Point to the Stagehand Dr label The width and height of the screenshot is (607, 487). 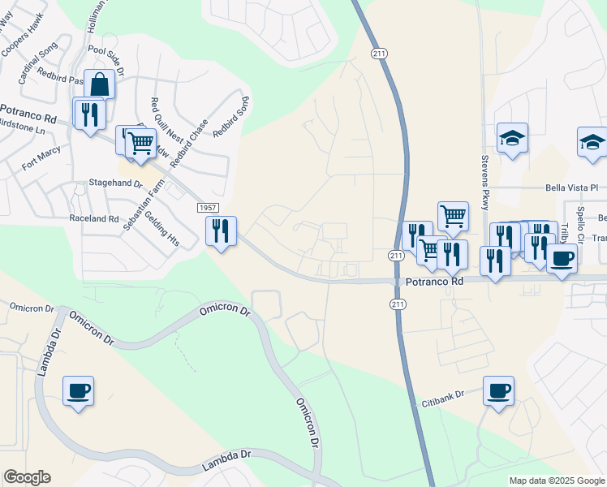[115, 184]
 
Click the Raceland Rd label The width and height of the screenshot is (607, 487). [94, 218]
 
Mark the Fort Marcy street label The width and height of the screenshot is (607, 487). [41, 156]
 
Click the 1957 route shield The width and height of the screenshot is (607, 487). [207, 209]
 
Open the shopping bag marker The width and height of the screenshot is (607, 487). [99, 84]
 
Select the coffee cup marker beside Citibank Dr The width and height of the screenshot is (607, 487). [498, 390]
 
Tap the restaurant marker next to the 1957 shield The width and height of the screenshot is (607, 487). [221, 231]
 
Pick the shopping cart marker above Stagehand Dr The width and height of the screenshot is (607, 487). [140, 143]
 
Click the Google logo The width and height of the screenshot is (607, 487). [27, 477]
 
